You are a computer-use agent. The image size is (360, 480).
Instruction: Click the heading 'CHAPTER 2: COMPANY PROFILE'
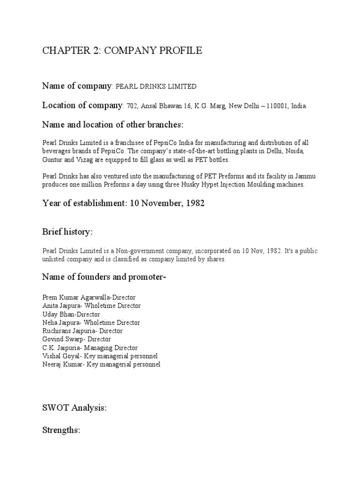[122, 51]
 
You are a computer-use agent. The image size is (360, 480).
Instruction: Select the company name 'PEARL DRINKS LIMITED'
[156, 87]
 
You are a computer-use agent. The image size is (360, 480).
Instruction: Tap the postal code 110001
[277, 106]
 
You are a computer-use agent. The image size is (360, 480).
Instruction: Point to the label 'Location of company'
[82, 105]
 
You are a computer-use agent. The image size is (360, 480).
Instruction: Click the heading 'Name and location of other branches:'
[113, 125]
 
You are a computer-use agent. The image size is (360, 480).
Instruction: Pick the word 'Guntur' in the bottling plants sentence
[52, 160]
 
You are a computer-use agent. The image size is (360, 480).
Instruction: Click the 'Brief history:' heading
[67, 232]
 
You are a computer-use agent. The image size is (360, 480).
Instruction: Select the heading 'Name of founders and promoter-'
[105, 277]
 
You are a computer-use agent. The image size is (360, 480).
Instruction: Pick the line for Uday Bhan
[71, 314]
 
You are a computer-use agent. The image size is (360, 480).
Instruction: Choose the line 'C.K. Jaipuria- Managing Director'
[90, 348]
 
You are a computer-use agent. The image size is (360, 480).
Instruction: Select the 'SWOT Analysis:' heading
[75, 408]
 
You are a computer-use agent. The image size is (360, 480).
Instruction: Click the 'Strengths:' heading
[62, 430]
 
